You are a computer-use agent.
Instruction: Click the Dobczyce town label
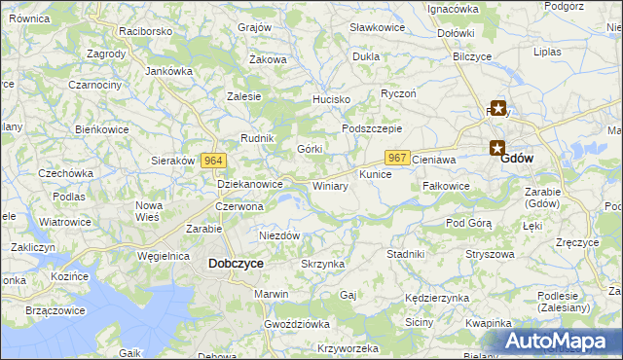pyautogui.click(x=236, y=263)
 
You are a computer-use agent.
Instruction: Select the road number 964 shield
pyautogui.click(x=215, y=161)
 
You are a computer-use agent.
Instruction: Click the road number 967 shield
pyautogui.click(x=396, y=158)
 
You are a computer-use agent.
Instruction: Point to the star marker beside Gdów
pyautogui.click(x=497, y=149)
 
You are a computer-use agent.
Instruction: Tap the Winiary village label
pyautogui.click(x=330, y=185)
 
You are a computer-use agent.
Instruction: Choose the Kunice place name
pyautogui.click(x=375, y=174)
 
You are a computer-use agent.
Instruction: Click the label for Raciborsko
pyautogui.click(x=145, y=31)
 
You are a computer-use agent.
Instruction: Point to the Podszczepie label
pyautogui.click(x=372, y=128)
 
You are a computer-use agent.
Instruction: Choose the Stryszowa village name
pyautogui.click(x=490, y=254)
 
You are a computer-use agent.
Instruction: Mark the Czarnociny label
pyautogui.click(x=94, y=85)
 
